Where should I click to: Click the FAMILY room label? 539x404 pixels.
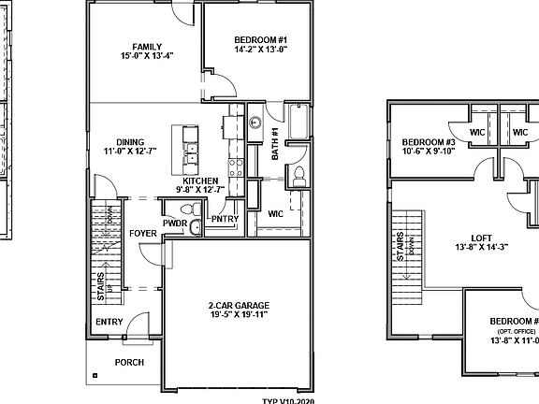147,47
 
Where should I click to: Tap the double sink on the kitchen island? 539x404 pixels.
193,151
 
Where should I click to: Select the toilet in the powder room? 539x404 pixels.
195,227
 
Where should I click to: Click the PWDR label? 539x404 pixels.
174,224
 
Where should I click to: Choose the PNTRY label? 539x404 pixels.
225,219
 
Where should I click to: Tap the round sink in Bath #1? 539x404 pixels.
255,122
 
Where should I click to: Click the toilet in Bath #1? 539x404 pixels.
300,175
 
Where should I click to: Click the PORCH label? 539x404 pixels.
129,362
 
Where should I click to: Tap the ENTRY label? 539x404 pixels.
109,322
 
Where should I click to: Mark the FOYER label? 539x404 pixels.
143,233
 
